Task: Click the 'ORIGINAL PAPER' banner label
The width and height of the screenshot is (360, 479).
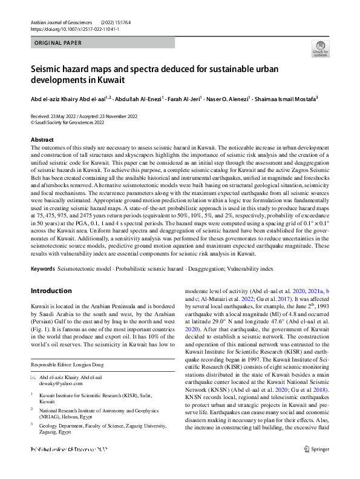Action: (x=58, y=43)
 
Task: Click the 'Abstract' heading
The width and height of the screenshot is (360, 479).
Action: (x=42, y=140)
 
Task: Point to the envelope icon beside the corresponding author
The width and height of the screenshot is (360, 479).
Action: (x=34, y=377)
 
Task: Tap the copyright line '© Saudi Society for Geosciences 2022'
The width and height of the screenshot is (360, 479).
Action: (x=67, y=122)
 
